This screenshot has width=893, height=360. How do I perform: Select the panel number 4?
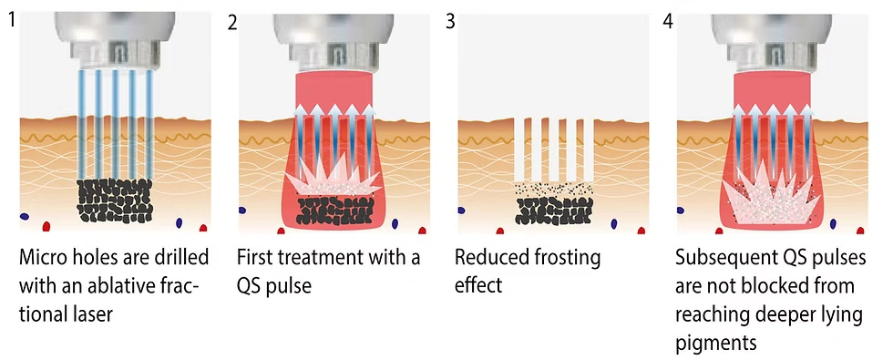click(669, 20)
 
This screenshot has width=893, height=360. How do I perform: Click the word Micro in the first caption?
click(43, 258)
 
